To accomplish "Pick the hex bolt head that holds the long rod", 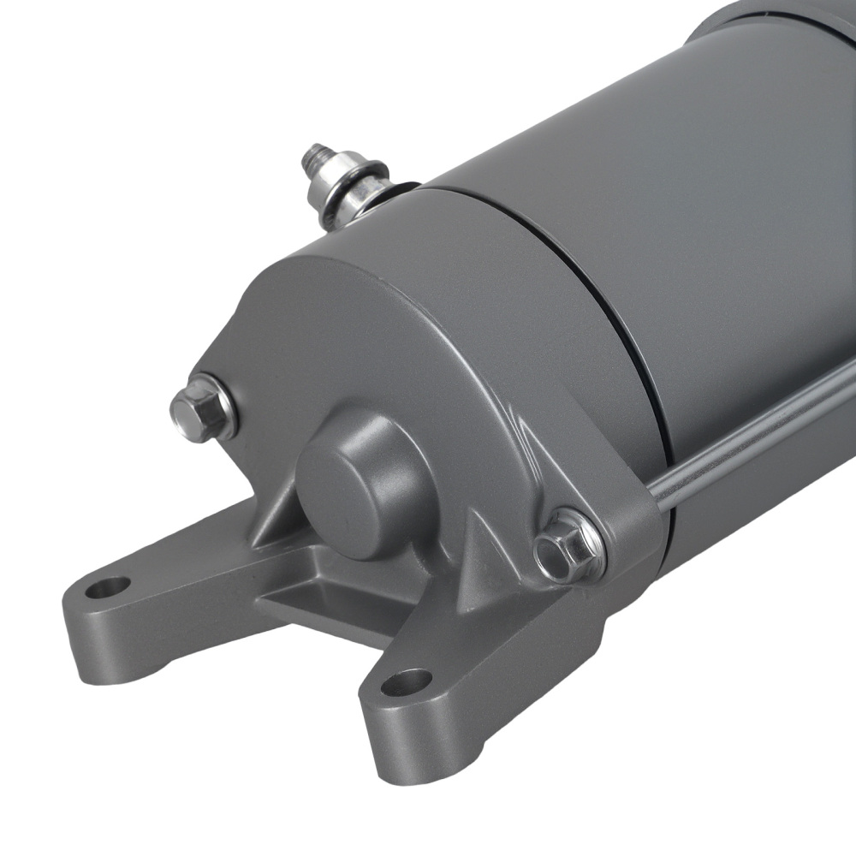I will point(568,544).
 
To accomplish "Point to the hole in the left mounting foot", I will point(109,587).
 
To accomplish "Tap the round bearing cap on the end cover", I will point(360,484).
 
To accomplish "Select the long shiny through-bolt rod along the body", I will point(753,428).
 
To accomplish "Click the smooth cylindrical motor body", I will point(685,214).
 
